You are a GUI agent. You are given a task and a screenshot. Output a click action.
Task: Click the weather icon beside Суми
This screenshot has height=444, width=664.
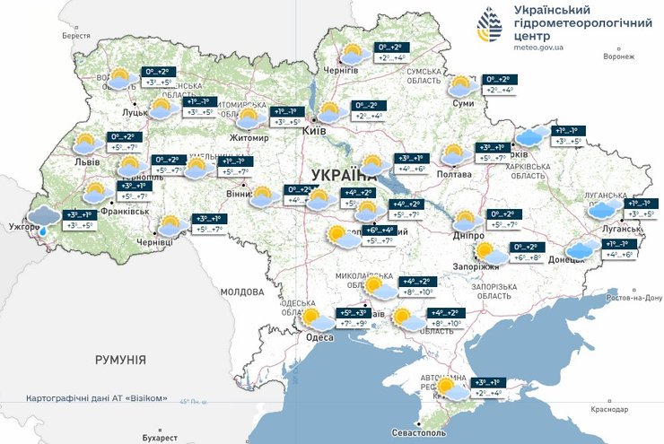coord(461,86)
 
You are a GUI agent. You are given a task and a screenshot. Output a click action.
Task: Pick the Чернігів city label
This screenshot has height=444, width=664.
coord(340,68)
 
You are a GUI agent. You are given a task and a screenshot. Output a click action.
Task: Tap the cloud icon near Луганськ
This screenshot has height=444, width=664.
coord(606,210)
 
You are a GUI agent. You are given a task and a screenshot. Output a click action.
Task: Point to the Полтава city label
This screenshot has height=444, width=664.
coord(454,174)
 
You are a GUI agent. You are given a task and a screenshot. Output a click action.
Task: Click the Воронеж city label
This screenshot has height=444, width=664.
coord(618,57)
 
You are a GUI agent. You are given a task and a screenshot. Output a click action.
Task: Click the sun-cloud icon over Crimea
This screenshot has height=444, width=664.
coord(446,387)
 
